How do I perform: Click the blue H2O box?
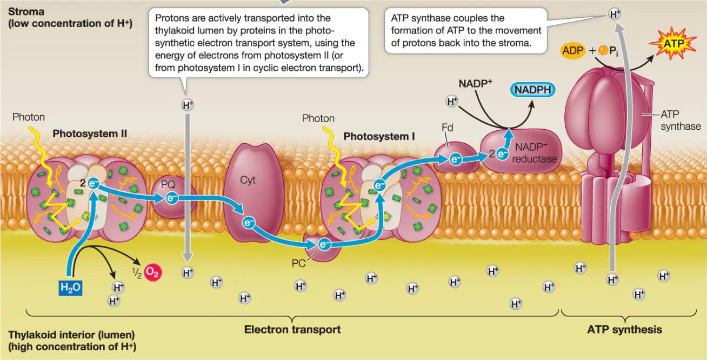pos(70,288)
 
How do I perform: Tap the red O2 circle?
pos(153,272)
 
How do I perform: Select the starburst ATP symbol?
pos(673,44)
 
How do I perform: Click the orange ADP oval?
pos(573,50)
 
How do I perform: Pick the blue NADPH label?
pos(533,90)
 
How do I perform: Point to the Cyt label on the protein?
pos(248,180)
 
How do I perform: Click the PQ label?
pos(168,184)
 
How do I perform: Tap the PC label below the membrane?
pos(298,263)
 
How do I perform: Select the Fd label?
pos(447,128)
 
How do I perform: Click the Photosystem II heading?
pos(90,134)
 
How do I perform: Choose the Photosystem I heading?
pos(379,136)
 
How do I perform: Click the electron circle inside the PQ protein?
pos(172,198)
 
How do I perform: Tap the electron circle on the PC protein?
pos(324,244)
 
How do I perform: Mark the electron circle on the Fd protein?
pos(456,159)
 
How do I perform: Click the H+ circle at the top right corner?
pos(615,14)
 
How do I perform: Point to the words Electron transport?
pos(292,330)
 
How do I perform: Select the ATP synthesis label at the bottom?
pos(625,330)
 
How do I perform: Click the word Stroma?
pos(26,12)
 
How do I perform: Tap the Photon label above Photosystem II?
pos(29,117)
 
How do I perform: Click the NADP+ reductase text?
pos(534,153)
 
